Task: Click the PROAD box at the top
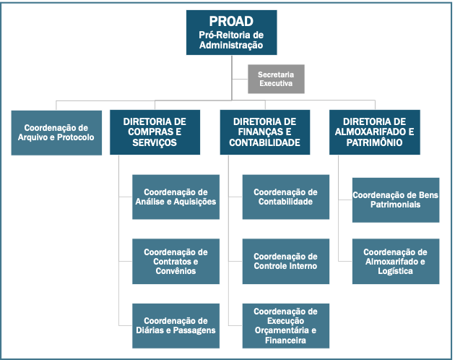pyautogui.click(x=231, y=33)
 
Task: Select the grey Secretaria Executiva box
pyautogui.click(x=276, y=79)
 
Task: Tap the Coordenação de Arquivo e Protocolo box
pyautogui.click(x=56, y=132)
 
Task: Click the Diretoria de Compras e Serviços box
pyautogui.click(x=155, y=132)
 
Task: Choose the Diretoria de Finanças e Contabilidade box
pyautogui.click(x=264, y=132)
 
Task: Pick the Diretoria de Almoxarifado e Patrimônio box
pyautogui.click(x=374, y=132)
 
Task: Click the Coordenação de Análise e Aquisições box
pyautogui.click(x=175, y=197)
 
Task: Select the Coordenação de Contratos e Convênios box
pyautogui.click(x=175, y=261)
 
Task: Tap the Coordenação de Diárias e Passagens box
pyautogui.click(x=175, y=325)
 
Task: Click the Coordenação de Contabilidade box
pyautogui.click(x=285, y=197)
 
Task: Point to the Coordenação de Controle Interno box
pyautogui.click(x=285, y=261)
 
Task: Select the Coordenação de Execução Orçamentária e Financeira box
pyautogui.click(x=285, y=325)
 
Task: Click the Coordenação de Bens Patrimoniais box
pyautogui.click(x=395, y=200)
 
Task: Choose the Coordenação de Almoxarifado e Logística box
pyautogui.click(x=395, y=261)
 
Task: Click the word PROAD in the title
pyautogui.click(x=231, y=21)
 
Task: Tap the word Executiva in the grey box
pyautogui.click(x=276, y=84)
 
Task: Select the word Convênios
pyautogui.click(x=175, y=271)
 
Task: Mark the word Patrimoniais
pyautogui.click(x=395, y=205)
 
